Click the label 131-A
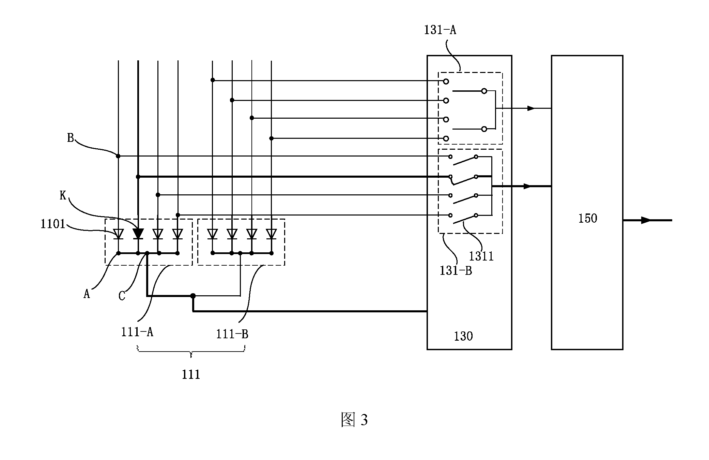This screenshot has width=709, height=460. (x=440, y=30)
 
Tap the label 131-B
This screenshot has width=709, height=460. (x=456, y=271)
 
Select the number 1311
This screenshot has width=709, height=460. (x=481, y=256)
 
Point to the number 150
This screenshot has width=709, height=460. (x=588, y=218)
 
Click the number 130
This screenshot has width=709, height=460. (x=463, y=336)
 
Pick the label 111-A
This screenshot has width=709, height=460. (x=137, y=332)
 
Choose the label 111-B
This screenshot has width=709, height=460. (x=232, y=334)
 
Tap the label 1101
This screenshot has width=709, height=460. (x=53, y=224)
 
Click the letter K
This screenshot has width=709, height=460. (x=63, y=196)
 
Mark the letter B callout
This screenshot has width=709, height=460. (x=70, y=138)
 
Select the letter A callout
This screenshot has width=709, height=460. (x=87, y=294)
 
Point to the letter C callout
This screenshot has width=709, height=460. (x=122, y=296)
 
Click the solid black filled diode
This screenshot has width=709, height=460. (x=138, y=234)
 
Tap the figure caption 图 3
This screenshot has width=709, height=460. (x=354, y=420)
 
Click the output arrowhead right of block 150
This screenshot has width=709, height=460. (x=646, y=220)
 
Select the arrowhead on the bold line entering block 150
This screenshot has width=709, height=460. (x=527, y=186)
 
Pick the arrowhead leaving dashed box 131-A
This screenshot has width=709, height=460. (x=531, y=108)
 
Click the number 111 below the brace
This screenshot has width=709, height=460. (x=191, y=375)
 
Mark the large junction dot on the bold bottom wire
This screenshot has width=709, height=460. (x=193, y=296)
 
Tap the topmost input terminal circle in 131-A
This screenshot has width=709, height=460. (x=446, y=81)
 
